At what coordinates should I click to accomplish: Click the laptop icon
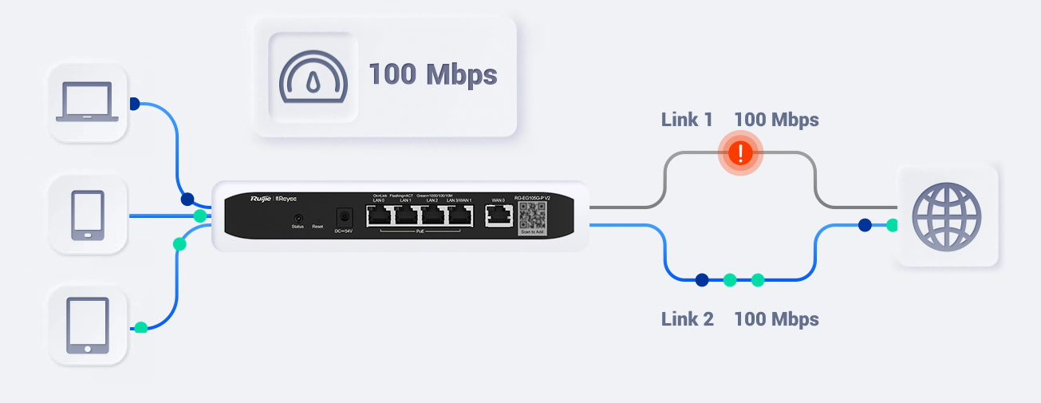pyautogui.click(x=87, y=103)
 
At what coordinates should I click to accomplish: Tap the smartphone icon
pyautogui.click(x=87, y=215)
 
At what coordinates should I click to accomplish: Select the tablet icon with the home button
pyautogui.click(x=87, y=326)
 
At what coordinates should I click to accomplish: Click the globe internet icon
pyautogui.click(x=947, y=216)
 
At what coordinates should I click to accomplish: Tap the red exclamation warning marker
pyautogui.click(x=741, y=152)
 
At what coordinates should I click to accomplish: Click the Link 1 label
pyautogui.click(x=687, y=121)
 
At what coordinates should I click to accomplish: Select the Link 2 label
pyautogui.click(x=687, y=320)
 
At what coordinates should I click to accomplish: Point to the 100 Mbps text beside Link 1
pyautogui.click(x=776, y=121)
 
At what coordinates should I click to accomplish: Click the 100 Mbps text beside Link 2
pyautogui.click(x=776, y=320)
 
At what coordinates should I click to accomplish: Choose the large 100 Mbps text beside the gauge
pyautogui.click(x=432, y=75)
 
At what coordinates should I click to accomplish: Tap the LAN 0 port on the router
pyautogui.click(x=379, y=215)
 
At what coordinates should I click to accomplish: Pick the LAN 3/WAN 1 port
pyautogui.click(x=460, y=215)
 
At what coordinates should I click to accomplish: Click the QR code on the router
pyautogui.click(x=534, y=215)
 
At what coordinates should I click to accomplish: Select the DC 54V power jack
pyautogui.click(x=345, y=216)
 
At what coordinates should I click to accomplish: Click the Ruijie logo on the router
pyautogui.click(x=261, y=199)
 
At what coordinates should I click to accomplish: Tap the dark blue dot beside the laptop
pyautogui.click(x=134, y=104)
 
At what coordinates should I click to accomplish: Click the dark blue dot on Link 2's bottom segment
pyautogui.click(x=702, y=280)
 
